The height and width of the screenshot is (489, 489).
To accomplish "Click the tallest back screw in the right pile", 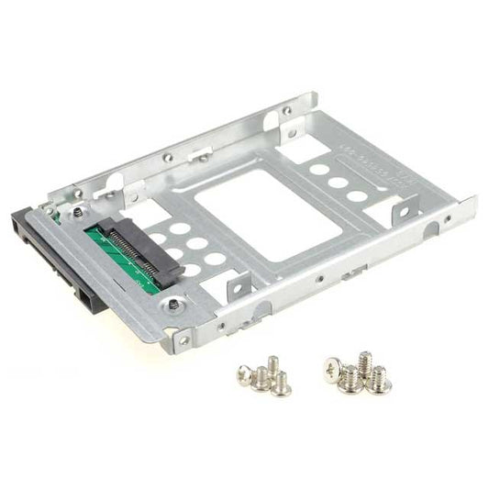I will (x=364, y=361).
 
